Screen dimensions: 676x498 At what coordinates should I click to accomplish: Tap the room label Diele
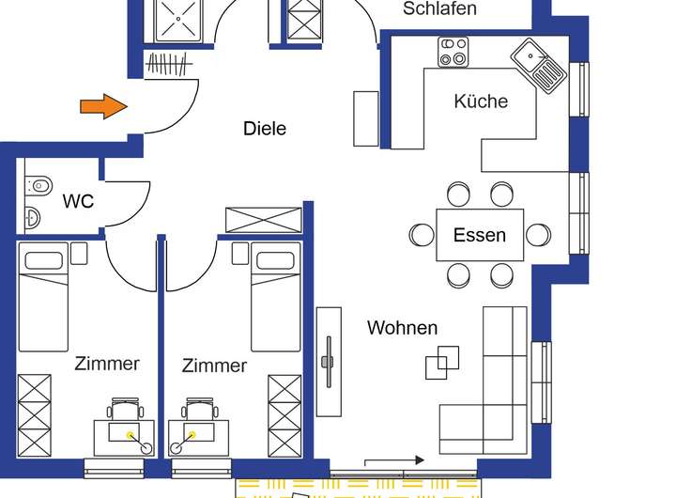pyautogui.click(x=264, y=129)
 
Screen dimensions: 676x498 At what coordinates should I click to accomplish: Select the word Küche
pyautogui.click(x=481, y=101)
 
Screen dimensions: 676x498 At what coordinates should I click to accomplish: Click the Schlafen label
pyautogui.click(x=439, y=9)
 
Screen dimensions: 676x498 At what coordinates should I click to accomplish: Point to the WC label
pyautogui.click(x=78, y=201)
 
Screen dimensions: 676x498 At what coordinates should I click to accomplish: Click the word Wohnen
pyautogui.click(x=402, y=328)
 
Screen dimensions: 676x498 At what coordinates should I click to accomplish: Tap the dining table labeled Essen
pyautogui.click(x=480, y=235)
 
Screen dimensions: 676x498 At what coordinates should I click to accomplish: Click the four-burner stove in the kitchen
pyautogui.click(x=453, y=52)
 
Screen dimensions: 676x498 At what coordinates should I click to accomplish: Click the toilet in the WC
pyautogui.click(x=38, y=185)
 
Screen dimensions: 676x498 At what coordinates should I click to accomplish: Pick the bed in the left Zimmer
pyautogui.click(x=44, y=296)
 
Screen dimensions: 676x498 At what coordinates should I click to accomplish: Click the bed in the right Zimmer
pyautogui.click(x=275, y=296)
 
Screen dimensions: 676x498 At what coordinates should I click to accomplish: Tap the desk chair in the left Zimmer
pyautogui.click(x=126, y=410)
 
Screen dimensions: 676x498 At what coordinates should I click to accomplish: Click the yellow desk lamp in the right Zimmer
pyautogui.click(x=192, y=434)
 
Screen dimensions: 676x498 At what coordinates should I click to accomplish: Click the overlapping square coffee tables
pyautogui.click(x=442, y=362)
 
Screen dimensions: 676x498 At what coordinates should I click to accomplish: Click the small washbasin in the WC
pyautogui.click(x=31, y=218)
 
